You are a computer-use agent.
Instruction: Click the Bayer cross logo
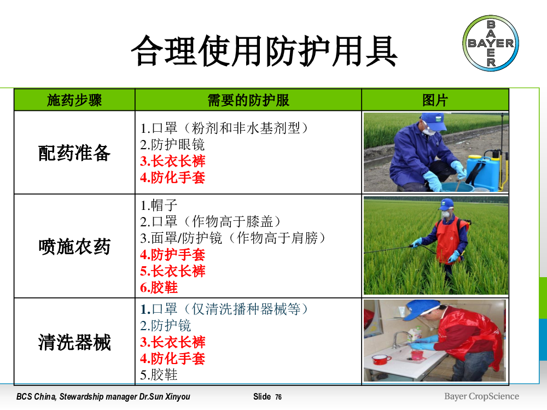coord(491,43)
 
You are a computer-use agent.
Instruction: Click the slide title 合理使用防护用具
coord(264,51)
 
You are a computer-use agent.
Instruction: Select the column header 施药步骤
coord(74,101)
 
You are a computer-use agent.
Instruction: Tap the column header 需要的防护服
coord(248,101)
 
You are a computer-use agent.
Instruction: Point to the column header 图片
coord(435,101)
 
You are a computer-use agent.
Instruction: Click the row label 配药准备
coord(74,153)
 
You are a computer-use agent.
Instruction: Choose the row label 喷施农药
coord(74,247)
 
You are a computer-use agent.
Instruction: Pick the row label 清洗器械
coord(74,342)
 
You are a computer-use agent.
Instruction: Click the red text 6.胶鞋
coord(159,288)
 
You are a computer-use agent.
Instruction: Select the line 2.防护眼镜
coord(172,144)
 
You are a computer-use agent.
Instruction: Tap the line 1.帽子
coord(159,205)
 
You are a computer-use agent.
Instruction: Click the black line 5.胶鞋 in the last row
coord(159,375)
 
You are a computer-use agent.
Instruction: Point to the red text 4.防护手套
coord(172,255)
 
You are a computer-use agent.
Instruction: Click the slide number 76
coord(278,397)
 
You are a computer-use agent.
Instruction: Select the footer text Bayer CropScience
coord(481,396)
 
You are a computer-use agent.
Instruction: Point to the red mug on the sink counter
coord(381,359)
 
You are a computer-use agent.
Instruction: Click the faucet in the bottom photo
coord(398,339)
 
